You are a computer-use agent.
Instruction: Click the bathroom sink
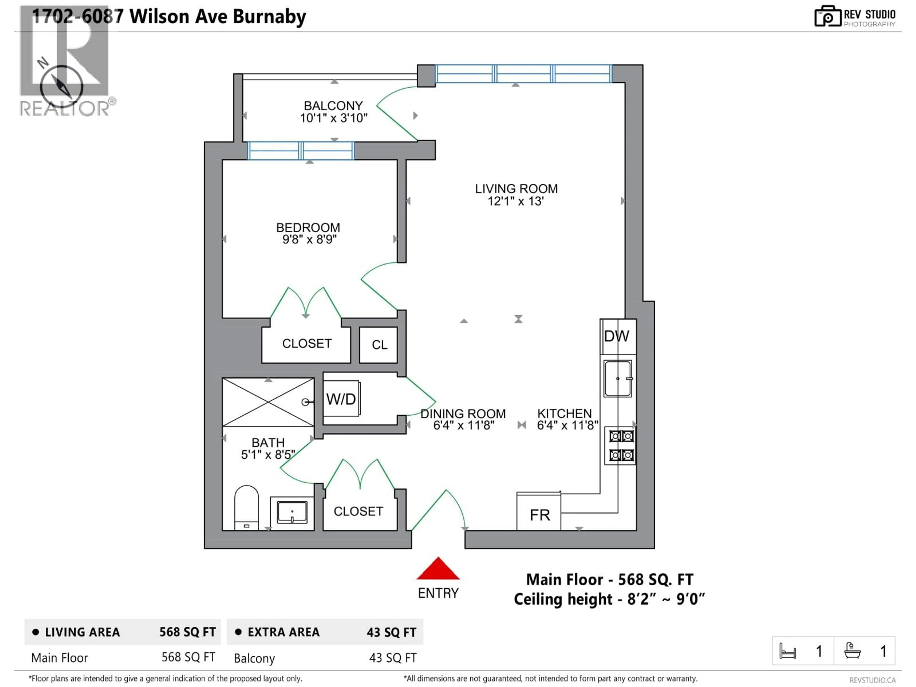click(292, 513)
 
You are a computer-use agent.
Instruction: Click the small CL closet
click(379, 344)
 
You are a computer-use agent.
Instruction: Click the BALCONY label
click(333, 106)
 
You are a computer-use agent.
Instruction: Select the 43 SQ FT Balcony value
click(393, 658)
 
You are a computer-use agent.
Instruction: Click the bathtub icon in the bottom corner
click(853, 651)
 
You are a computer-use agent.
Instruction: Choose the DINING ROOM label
click(463, 413)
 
